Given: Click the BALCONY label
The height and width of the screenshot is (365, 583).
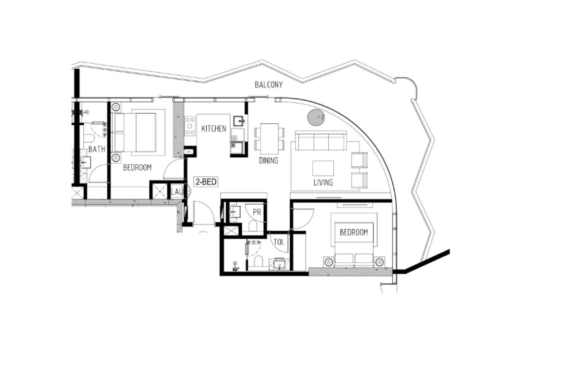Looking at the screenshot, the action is tap(269, 85).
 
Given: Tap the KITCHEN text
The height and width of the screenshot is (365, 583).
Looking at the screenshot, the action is tap(214, 129).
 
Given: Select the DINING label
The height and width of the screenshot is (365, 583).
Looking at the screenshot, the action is tap(268, 160).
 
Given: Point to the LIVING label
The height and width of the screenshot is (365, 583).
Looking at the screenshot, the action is tap(323, 183).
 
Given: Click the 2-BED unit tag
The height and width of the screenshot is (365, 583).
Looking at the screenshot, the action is tap(206, 182).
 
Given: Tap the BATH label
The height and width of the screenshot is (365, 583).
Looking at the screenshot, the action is tap(97, 149).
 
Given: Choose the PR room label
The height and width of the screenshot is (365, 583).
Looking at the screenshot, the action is tap(257, 212).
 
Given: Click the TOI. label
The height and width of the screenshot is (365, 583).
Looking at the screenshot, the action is tap(279, 242).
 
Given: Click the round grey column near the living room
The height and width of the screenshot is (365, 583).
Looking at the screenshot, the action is tap(316, 117).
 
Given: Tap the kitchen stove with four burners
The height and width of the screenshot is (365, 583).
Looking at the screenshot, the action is tap(190, 126).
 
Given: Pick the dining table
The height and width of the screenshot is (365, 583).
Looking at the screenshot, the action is tap(269, 139).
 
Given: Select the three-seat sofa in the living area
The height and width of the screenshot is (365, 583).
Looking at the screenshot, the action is tap(321, 141).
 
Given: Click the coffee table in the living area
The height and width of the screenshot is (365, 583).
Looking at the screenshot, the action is tap(323, 168).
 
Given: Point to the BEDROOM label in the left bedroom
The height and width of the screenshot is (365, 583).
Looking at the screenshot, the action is tap(137, 168).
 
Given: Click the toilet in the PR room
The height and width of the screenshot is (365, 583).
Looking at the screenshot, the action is tap(253, 226).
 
